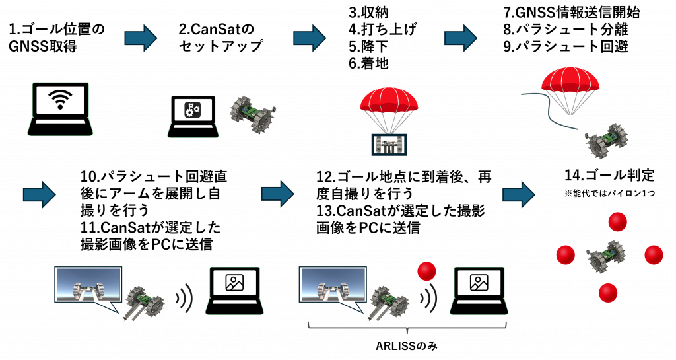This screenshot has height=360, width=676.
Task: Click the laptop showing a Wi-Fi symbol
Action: (x=60, y=108)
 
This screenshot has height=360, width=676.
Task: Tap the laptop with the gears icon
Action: (x=192, y=116)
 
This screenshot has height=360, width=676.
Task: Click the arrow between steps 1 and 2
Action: (x=141, y=38)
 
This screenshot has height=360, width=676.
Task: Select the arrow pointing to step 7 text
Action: (x=460, y=38)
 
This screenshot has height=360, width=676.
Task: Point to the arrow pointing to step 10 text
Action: (x=39, y=194)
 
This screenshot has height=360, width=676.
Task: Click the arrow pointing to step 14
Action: (x=519, y=194)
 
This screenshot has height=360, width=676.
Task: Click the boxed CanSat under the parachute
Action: (x=389, y=145)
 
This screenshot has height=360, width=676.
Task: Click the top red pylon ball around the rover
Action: (x=617, y=222)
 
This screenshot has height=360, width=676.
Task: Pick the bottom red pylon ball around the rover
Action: (x=608, y=293)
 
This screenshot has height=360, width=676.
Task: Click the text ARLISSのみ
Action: (x=407, y=345)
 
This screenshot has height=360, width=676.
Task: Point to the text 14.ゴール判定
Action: (x=609, y=176)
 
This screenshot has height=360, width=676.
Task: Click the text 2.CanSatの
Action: (x=217, y=29)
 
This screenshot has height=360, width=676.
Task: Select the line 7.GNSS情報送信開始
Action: (x=572, y=12)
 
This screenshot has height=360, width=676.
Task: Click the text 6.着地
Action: (x=368, y=64)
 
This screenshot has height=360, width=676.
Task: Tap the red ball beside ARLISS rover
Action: (x=427, y=271)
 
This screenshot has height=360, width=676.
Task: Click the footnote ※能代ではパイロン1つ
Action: (x=609, y=193)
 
